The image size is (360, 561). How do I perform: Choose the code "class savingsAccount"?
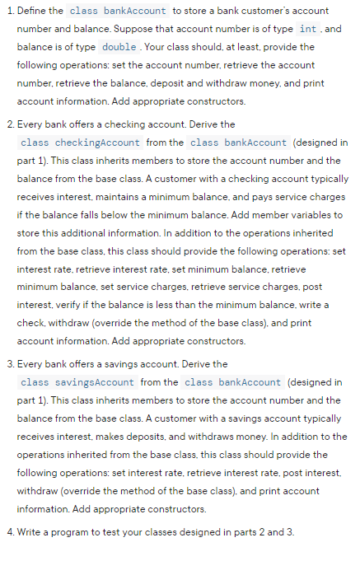(x=78, y=382)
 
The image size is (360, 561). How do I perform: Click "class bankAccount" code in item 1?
(x=119, y=11)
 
